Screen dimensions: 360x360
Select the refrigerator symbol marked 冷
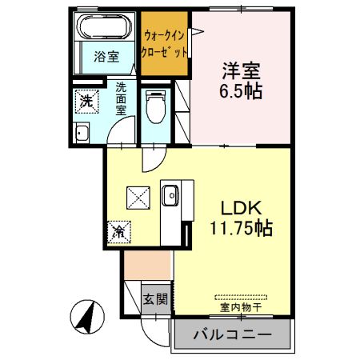[118, 233]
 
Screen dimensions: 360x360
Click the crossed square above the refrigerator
[136, 195]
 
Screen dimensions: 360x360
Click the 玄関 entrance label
[155, 300]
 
